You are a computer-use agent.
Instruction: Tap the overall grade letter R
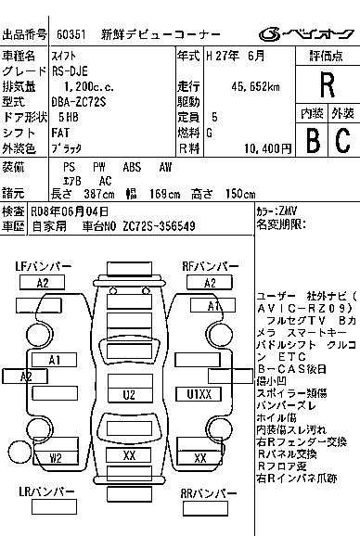[326, 85]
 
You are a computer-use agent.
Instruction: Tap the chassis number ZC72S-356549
[157, 225]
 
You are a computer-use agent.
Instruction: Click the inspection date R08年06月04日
[70, 211]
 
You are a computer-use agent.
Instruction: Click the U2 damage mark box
[130, 394]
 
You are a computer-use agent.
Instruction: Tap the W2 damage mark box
[56, 457]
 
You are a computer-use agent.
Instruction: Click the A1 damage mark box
[55, 360]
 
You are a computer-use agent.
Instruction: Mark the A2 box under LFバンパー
[43, 283]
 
